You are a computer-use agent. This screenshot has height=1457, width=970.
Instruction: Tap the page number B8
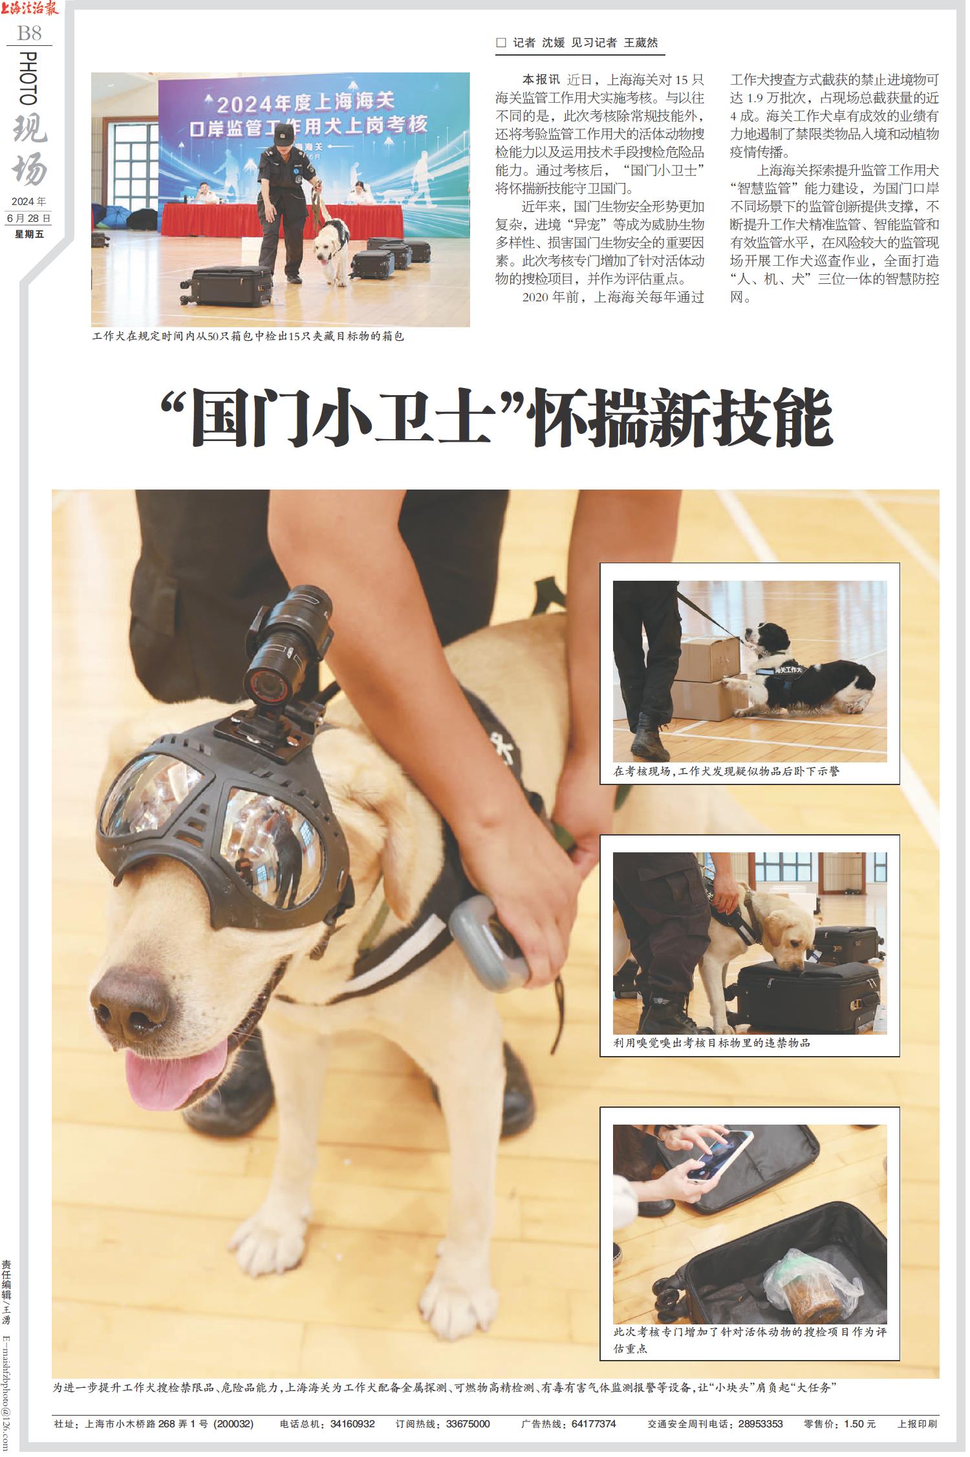30,32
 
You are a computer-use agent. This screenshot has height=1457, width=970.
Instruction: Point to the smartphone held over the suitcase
720,1155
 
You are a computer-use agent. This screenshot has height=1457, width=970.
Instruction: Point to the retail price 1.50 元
851,1423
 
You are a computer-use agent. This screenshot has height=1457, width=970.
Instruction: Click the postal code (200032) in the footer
234,1423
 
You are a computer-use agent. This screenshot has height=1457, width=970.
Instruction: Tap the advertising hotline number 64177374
594,1423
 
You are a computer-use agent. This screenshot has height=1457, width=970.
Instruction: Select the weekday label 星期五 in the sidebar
30,233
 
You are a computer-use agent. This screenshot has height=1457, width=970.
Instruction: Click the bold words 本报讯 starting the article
541,80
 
